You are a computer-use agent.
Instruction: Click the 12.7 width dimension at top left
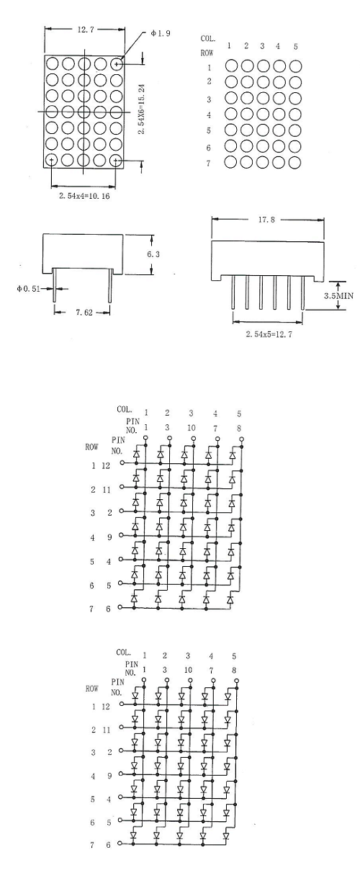[86, 30]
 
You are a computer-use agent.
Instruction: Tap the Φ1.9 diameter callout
[160, 34]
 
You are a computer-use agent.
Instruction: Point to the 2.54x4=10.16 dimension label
[84, 196]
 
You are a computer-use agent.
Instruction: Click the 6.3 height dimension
[153, 254]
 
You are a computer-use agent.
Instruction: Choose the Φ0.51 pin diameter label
[29, 289]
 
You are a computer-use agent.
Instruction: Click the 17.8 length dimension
[266, 220]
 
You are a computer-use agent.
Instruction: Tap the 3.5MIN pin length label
[338, 295]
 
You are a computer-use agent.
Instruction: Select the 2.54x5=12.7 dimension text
[269, 334]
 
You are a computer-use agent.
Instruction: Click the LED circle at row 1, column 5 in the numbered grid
[296, 66]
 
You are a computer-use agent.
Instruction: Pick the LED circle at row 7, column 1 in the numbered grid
[230, 162]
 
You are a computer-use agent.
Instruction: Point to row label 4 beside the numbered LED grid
[209, 115]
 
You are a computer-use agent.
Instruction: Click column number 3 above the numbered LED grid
[262, 46]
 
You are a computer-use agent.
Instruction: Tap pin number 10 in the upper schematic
[191, 428]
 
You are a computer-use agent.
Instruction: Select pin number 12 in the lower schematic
[106, 707]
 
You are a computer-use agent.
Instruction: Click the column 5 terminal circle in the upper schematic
[241, 439]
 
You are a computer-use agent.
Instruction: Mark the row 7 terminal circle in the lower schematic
[120, 843]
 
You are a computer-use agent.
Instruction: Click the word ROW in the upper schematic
[91, 447]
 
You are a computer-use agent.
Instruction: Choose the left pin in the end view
[55, 285]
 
